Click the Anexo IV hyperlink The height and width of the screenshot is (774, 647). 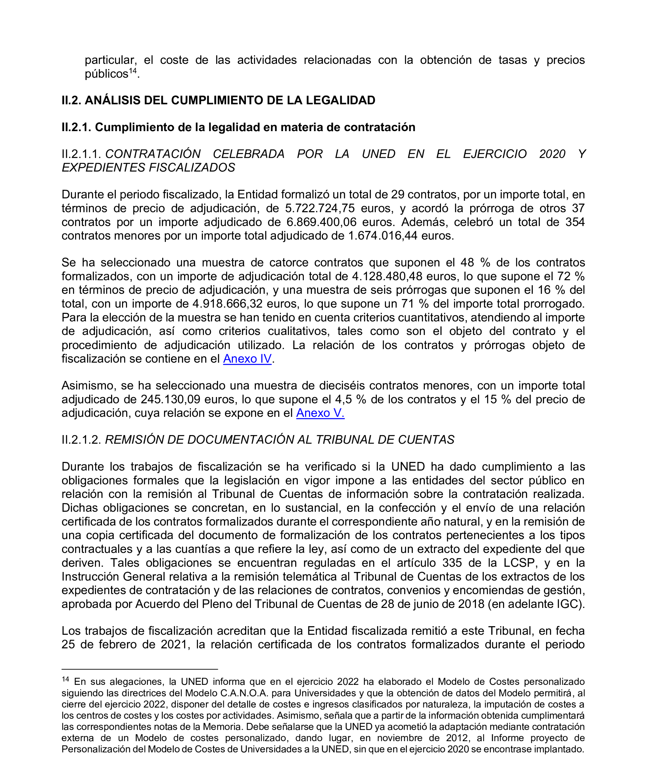(247, 359)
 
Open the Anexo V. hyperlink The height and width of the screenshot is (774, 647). (320, 413)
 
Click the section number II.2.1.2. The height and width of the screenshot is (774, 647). (81, 440)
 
